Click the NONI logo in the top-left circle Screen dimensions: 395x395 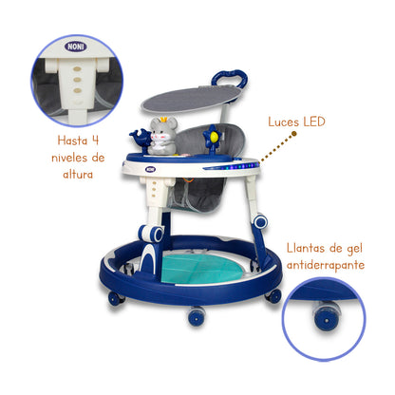(x=76, y=47)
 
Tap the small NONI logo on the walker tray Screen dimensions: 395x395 (x=151, y=169)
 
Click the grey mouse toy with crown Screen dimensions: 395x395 (x=162, y=136)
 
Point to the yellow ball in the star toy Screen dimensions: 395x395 (x=214, y=137)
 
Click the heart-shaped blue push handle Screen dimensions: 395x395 (x=229, y=79)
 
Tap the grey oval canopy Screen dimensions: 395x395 (x=191, y=99)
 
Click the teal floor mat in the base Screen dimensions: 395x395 (x=202, y=268)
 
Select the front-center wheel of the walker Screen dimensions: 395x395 (x=197, y=316)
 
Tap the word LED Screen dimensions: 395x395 (x=314, y=122)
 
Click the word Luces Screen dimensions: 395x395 (x=284, y=122)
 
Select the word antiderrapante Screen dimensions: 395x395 (x=326, y=265)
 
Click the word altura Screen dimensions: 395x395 (x=78, y=174)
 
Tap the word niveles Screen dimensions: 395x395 (x=69, y=158)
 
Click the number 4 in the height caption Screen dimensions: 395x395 (x=95, y=140)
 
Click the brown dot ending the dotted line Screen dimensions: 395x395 (x=294, y=134)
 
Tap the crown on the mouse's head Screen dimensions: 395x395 (x=164, y=119)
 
